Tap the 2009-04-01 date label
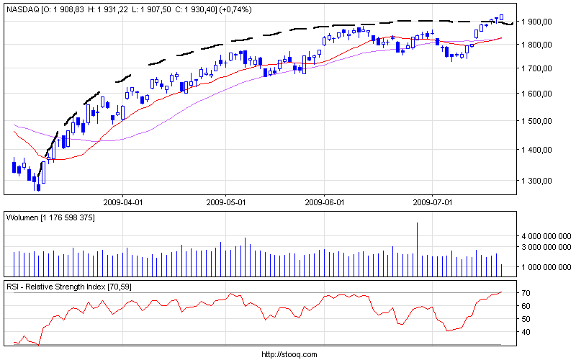pos(124,203)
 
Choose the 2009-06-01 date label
pos(325,203)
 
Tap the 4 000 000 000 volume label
pos(545,236)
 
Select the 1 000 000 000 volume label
pos(545,267)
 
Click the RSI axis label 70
pos(526,294)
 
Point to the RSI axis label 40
pos(526,332)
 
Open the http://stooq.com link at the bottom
pos(288,354)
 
